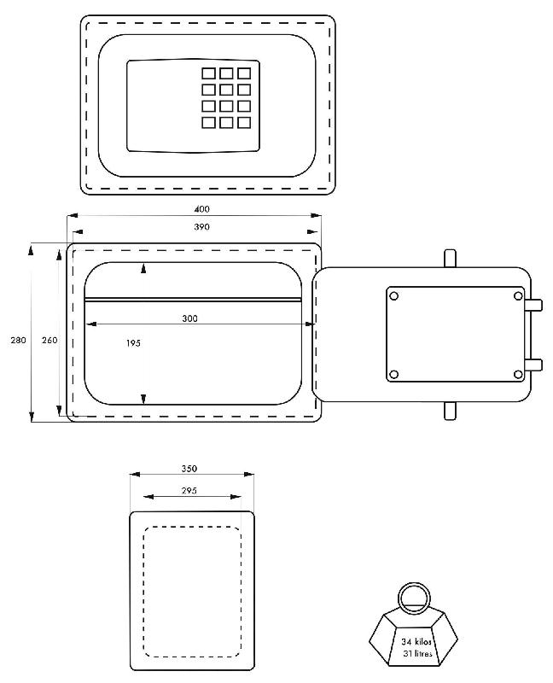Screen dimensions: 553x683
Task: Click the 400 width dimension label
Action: pyautogui.click(x=201, y=209)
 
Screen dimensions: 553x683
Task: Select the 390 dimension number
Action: pyautogui.click(x=201, y=227)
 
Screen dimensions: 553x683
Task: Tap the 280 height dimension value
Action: pyautogui.click(x=18, y=340)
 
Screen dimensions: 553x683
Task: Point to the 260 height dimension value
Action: pyautogui.click(x=49, y=340)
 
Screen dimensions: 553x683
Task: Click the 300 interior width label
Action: pyautogui.click(x=189, y=318)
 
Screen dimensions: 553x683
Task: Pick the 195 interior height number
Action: pyautogui.click(x=133, y=343)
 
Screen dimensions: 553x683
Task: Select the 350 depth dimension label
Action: pyautogui.click(x=189, y=469)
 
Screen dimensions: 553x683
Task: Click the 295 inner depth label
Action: pyautogui.click(x=189, y=491)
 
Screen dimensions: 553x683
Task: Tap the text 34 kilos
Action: pyautogui.click(x=416, y=642)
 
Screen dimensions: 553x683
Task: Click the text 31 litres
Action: pyautogui.click(x=417, y=653)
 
